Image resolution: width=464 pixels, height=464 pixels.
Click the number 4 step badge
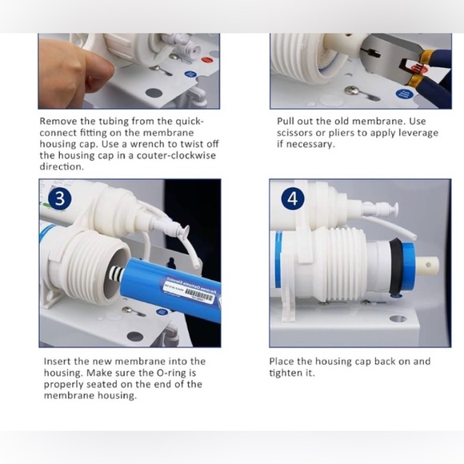293,198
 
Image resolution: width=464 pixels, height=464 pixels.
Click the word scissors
298,133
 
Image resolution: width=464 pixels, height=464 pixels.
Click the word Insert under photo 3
58,362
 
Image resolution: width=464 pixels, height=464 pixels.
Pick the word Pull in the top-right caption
287,122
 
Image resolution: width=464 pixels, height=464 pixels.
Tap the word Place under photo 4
283,362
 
